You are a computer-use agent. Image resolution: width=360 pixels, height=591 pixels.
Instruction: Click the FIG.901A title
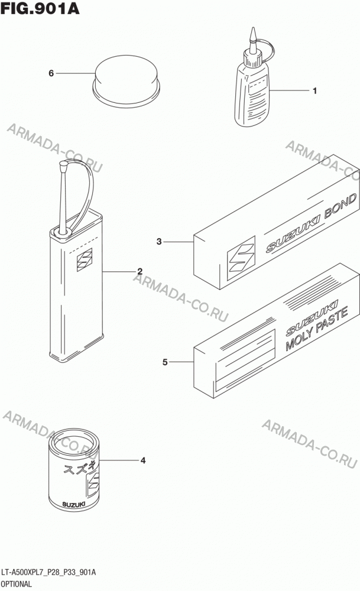40,8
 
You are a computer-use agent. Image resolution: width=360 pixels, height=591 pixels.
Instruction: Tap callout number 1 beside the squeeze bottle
314,91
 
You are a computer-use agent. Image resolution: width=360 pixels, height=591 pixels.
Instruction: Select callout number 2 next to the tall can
140,271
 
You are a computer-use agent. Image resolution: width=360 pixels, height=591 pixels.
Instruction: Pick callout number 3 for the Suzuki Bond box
159,241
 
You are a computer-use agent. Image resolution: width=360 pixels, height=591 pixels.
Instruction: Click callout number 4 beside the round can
143,460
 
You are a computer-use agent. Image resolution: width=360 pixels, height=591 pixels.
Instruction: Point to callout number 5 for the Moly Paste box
165,362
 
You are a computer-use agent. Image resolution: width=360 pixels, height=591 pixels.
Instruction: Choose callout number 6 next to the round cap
51,73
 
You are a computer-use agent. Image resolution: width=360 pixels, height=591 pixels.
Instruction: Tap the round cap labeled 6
127,81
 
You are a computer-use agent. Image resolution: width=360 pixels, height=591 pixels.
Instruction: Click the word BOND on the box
340,206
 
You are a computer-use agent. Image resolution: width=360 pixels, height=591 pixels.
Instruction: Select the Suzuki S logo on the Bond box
241,258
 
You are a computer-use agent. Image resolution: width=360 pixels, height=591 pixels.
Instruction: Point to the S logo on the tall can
85,259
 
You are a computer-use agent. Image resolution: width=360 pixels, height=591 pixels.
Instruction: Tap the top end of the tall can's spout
63,164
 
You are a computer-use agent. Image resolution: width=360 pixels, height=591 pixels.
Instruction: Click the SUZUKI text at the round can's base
74,504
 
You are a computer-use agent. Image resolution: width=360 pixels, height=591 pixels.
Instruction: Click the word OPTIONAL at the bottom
17,584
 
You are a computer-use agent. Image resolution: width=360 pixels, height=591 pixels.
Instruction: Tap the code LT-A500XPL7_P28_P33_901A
48,573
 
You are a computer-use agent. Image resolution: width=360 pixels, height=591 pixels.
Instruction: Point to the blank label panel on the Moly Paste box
245,359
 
